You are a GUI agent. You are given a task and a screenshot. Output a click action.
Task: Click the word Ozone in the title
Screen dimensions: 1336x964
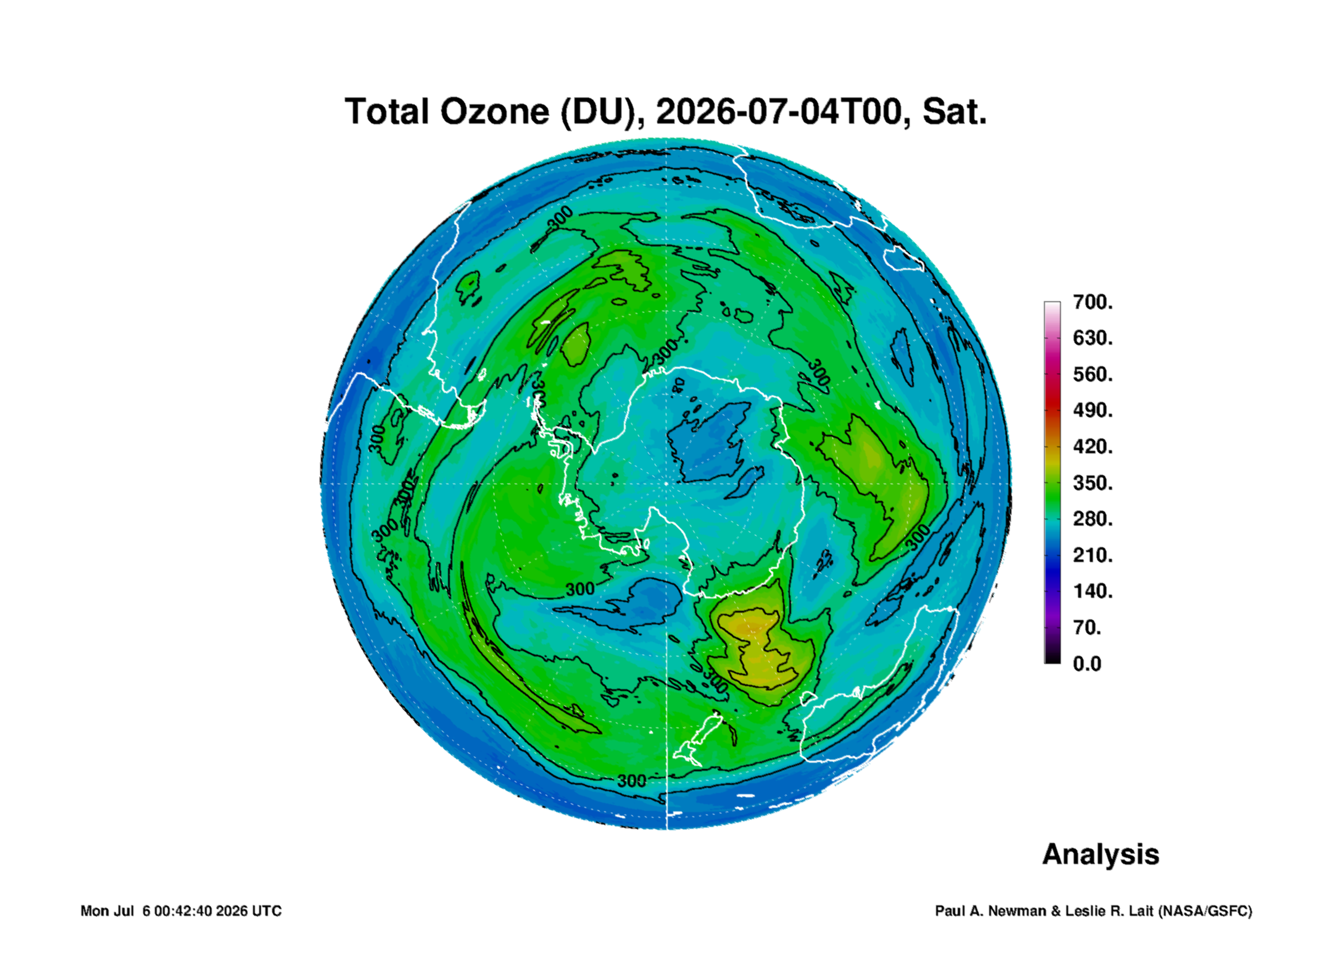[x=494, y=112]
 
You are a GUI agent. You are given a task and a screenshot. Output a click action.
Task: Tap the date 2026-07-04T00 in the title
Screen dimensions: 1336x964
[x=779, y=112]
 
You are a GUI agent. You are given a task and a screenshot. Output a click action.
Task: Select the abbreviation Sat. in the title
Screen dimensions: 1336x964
[x=954, y=112]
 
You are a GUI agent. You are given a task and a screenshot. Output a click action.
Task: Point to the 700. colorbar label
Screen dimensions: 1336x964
[x=1093, y=302]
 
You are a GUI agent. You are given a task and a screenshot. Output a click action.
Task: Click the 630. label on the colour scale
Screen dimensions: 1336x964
[x=1093, y=338]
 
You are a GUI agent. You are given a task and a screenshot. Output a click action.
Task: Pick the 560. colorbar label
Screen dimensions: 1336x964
[x=1093, y=374]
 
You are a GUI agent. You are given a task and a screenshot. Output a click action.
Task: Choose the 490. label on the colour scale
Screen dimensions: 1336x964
[x=1093, y=410]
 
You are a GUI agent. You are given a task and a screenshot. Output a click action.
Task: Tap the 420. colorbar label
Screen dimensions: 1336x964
[x=1093, y=446]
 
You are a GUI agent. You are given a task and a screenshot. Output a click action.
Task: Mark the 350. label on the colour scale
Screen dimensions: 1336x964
[x=1093, y=482]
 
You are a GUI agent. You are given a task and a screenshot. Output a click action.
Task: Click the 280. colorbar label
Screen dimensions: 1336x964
[x=1093, y=519]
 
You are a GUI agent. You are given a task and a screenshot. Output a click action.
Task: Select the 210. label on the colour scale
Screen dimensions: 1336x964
[x=1093, y=555]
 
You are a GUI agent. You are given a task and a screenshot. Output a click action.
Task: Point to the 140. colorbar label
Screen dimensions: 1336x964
[x=1093, y=591]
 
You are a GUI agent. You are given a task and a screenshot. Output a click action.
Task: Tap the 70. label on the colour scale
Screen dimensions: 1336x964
[x=1087, y=627]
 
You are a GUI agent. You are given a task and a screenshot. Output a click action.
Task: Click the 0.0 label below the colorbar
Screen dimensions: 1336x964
[x=1087, y=664]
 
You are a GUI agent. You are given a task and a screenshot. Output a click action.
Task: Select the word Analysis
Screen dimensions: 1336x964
[x=1101, y=855]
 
